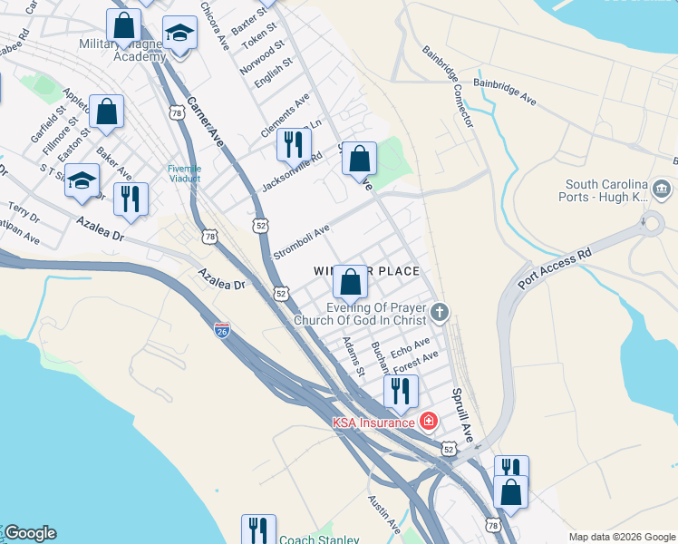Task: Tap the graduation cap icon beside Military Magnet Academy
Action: (180, 35)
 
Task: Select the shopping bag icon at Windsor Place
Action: (351, 283)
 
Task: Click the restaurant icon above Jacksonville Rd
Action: (294, 144)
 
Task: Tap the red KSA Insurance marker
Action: (429, 422)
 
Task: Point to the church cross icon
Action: (440, 314)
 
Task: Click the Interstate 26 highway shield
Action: (222, 331)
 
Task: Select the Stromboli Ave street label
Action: (301, 243)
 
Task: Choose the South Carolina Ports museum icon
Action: (663, 189)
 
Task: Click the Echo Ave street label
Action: (409, 348)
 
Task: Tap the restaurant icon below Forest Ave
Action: (400, 392)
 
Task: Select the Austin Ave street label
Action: (383, 513)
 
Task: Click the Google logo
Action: (30, 533)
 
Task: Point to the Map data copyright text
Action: (621, 537)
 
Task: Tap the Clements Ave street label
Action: (285, 114)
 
